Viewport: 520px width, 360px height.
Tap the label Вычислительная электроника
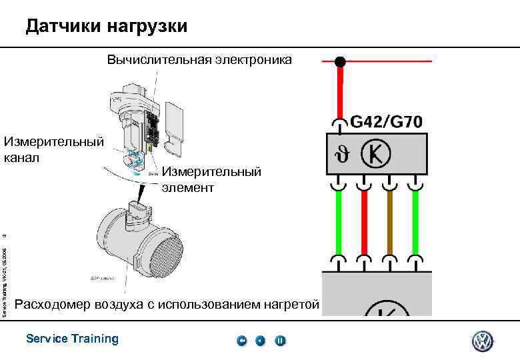199,60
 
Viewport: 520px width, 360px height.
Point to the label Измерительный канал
53,149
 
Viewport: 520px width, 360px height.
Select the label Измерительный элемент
211,180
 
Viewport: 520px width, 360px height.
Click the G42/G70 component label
386,122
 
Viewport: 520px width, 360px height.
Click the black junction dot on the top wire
340,62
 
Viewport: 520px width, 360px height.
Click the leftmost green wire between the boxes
339,223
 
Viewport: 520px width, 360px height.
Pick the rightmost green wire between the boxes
415,223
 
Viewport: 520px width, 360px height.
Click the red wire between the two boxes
365,223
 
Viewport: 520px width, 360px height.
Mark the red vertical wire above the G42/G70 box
340,93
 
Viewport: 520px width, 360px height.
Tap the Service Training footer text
72,339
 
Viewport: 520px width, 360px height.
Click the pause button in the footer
281,341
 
